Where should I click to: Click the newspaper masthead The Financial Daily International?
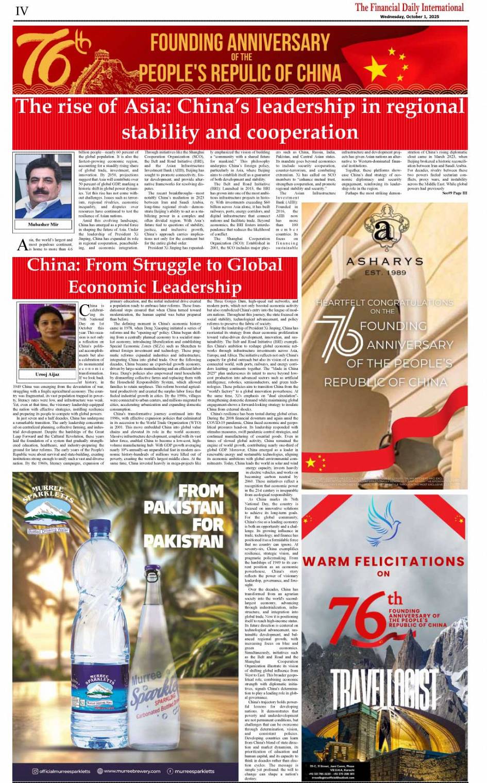pos(409,7)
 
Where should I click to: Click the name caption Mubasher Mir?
pos(43,225)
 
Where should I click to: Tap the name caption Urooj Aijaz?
pos(47,375)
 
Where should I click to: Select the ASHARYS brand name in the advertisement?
pos(384,262)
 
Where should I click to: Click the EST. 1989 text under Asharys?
pos(384,273)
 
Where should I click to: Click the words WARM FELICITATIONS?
pos(383,561)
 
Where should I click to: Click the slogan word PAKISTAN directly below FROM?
pos(183,508)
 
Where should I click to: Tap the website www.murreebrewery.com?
pos(132,771)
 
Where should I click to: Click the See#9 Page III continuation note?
pos(454,193)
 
